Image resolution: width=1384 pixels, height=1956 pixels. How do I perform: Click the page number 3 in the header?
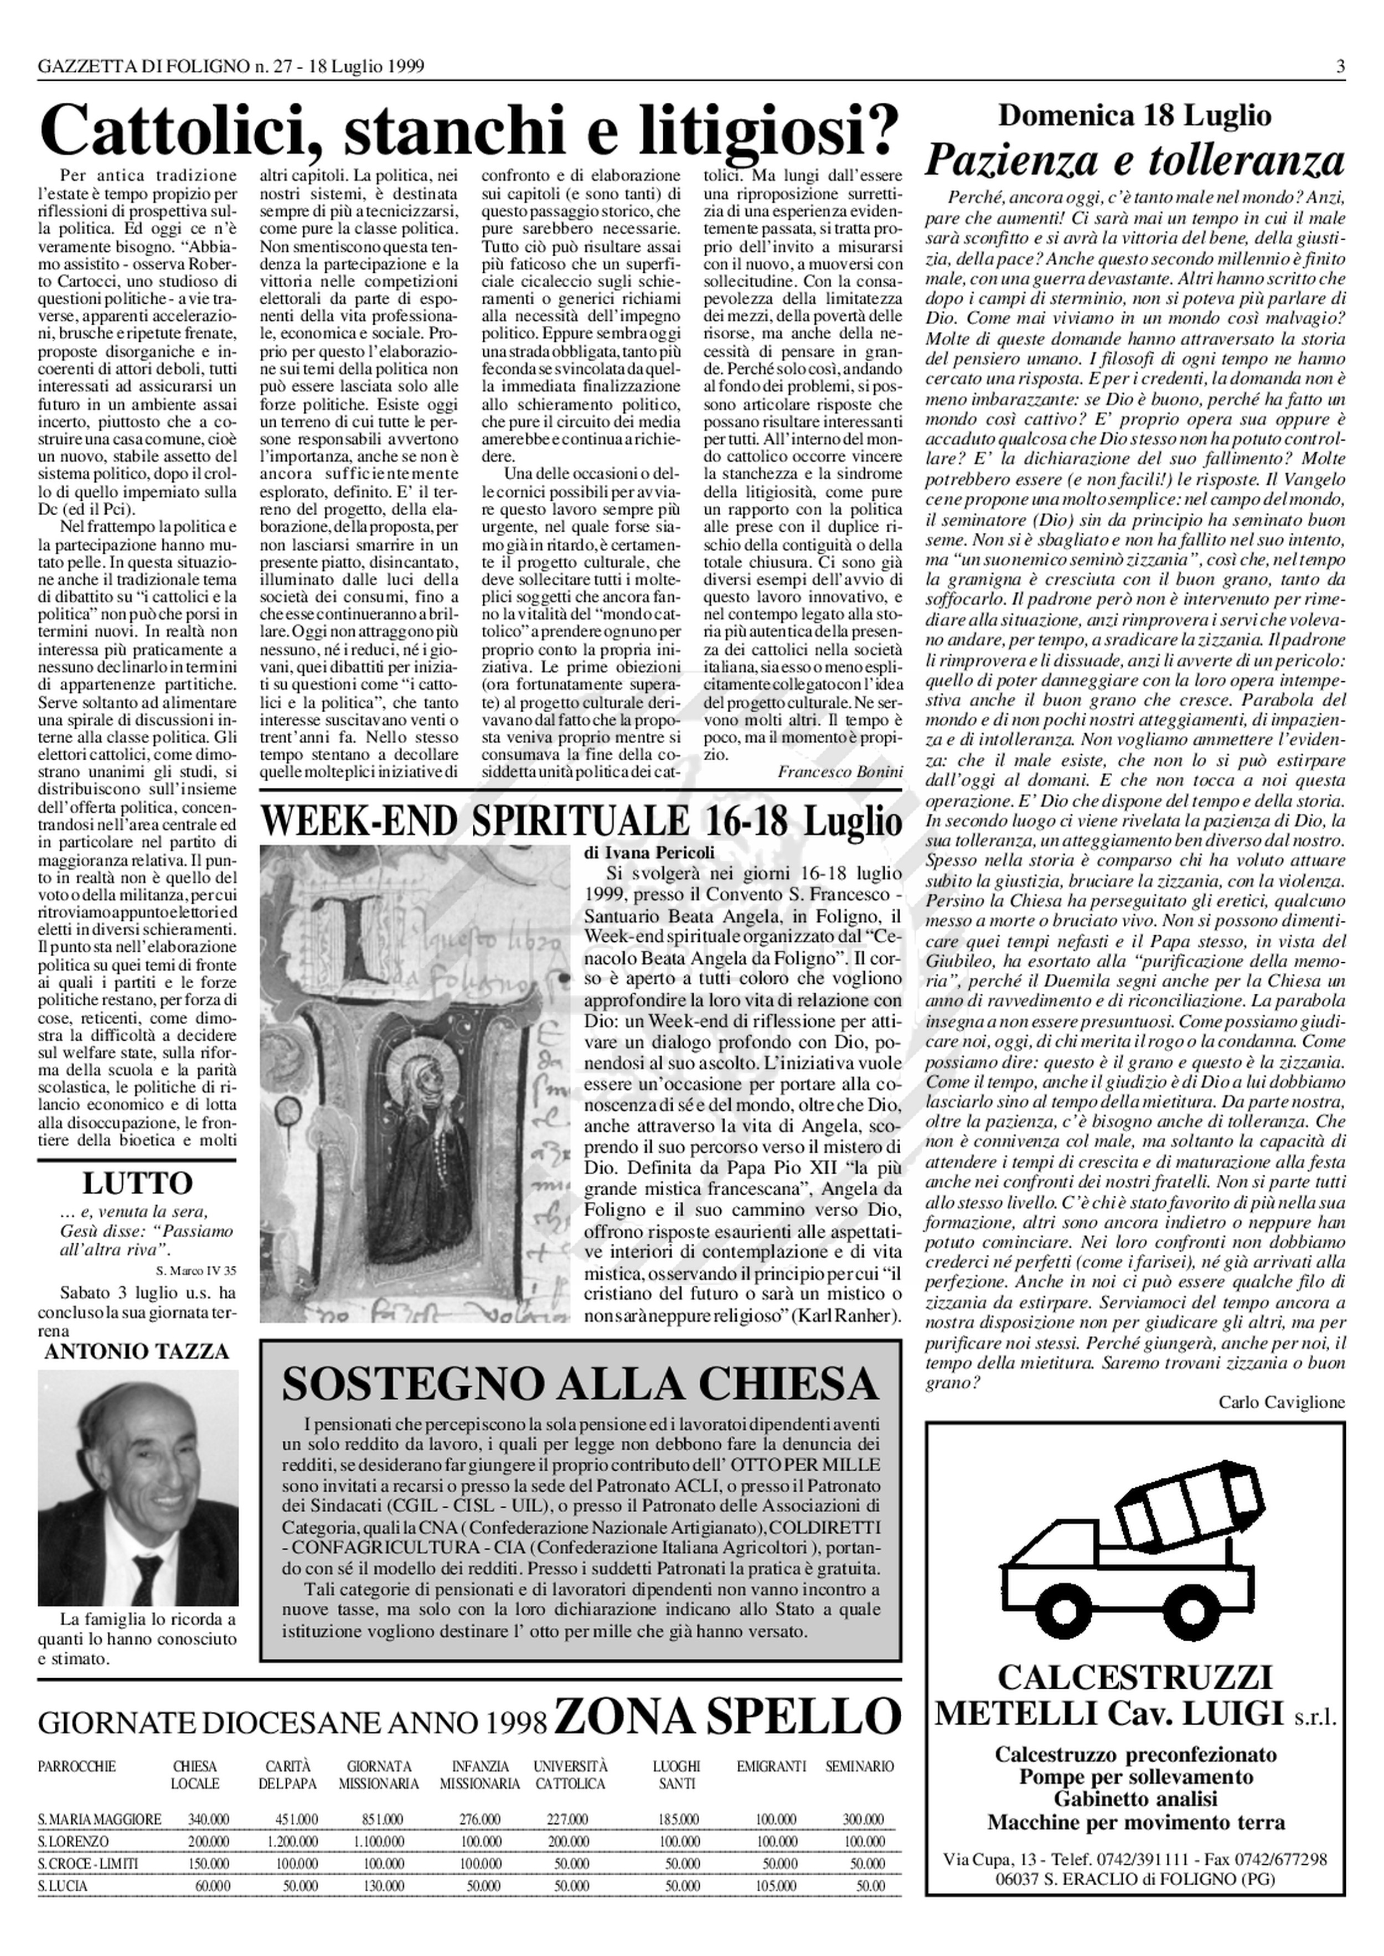[1340, 66]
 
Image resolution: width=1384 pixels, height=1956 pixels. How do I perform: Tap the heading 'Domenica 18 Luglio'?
[1134, 115]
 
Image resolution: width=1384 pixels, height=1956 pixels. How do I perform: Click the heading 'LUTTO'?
[137, 1184]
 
